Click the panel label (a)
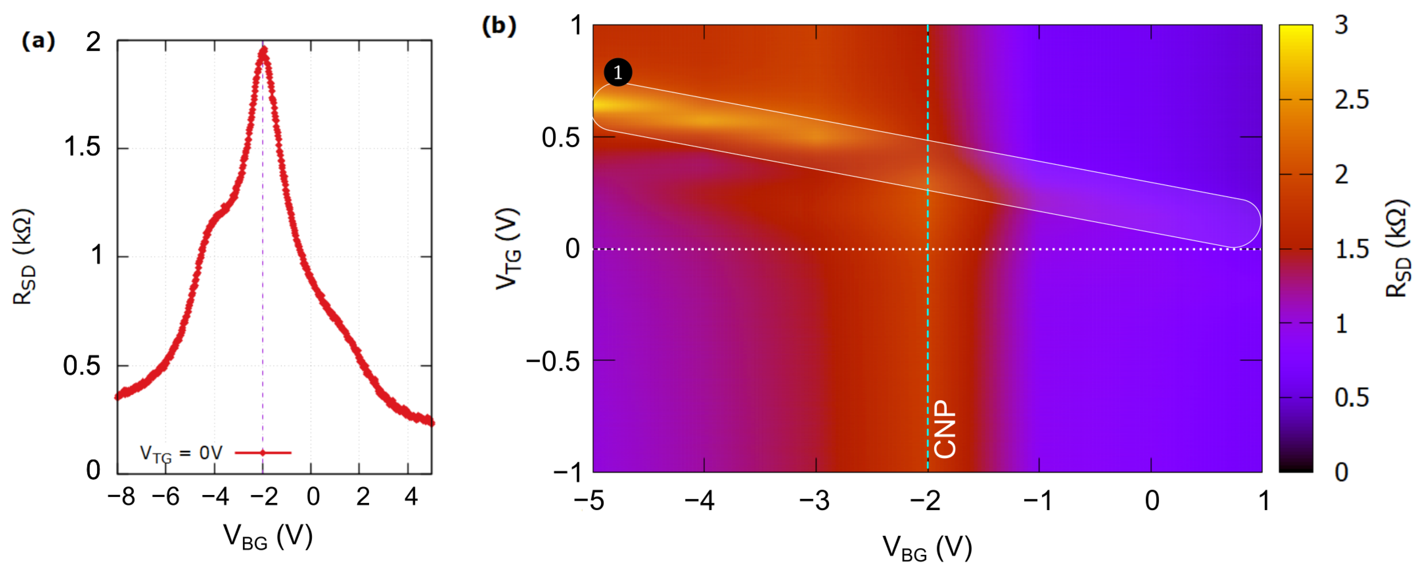point(38,42)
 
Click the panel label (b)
point(499,26)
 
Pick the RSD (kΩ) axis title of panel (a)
point(24,257)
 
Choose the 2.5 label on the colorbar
point(1352,100)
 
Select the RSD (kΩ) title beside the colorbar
point(1398,249)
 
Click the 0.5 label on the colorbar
point(1352,398)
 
